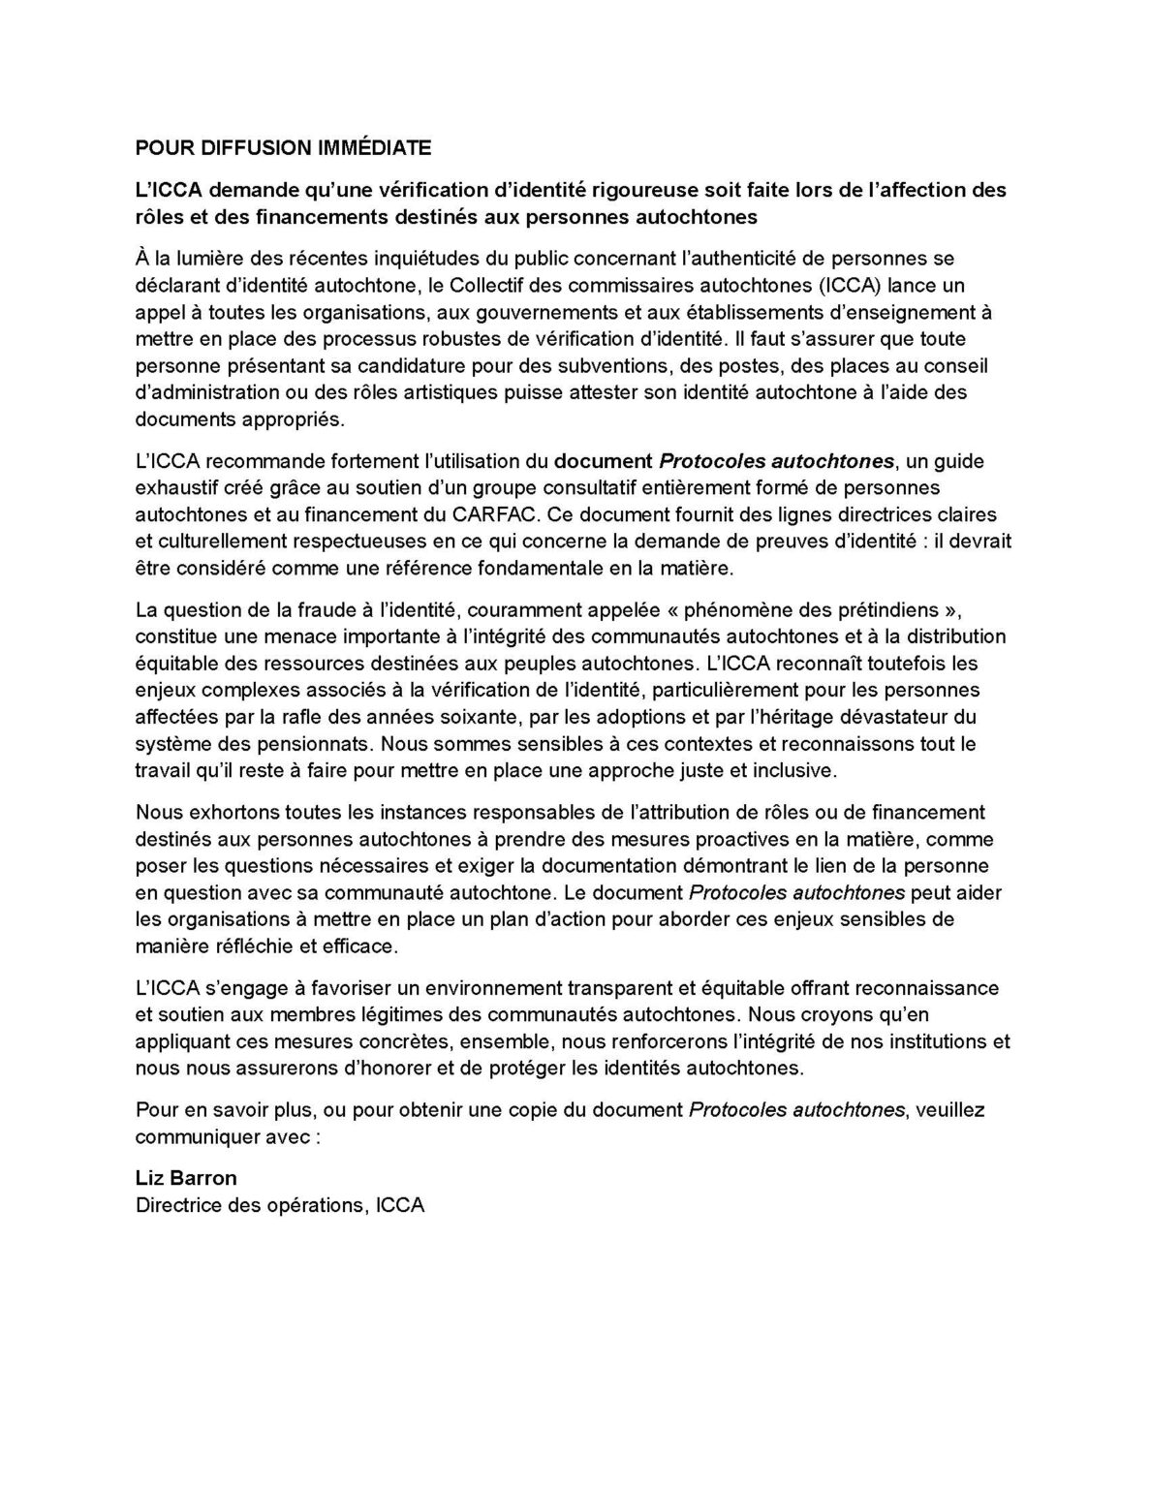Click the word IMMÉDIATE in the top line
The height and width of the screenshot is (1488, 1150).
coord(376,148)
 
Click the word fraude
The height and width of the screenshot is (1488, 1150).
coord(318,610)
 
